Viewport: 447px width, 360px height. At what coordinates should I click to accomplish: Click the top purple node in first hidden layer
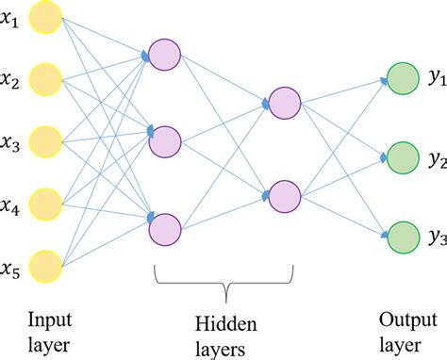click(x=164, y=56)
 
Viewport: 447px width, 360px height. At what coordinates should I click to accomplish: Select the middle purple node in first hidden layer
click(x=164, y=141)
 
